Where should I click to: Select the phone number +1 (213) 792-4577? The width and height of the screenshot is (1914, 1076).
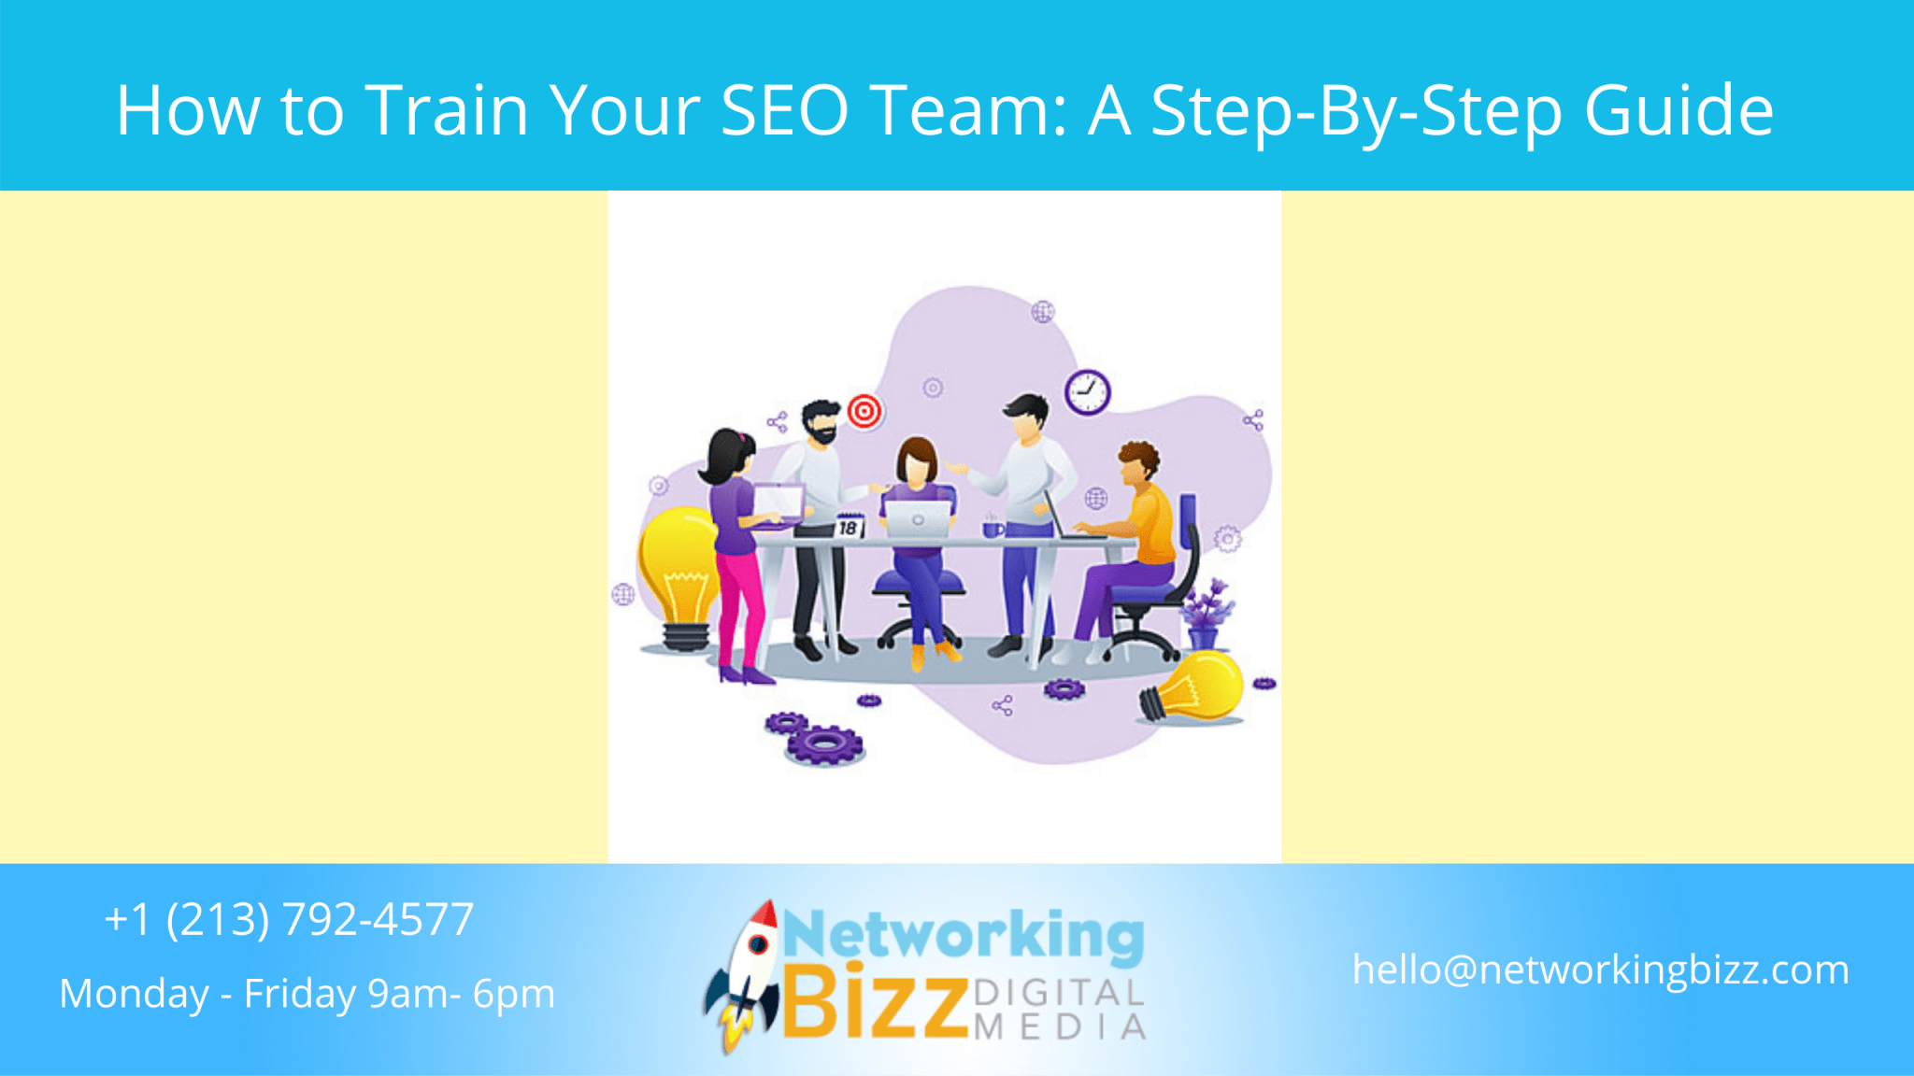(x=289, y=919)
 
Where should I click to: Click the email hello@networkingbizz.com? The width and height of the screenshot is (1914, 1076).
(x=1600, y=970)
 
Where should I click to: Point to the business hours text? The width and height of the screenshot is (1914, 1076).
(x=307, y=994)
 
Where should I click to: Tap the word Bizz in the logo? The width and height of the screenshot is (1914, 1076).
(x=874, y=1005)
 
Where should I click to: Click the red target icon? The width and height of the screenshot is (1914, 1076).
(x=864, y=410)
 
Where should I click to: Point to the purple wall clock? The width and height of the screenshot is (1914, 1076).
(x=1087, y=391)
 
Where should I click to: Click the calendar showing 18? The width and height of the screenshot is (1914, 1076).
(x=849, y=527)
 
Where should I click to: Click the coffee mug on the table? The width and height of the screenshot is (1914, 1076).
(x=992, y=529)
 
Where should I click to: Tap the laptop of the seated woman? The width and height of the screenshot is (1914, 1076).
(x=918, y=519)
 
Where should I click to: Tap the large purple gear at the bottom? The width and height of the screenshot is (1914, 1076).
(x=824, y=744)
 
